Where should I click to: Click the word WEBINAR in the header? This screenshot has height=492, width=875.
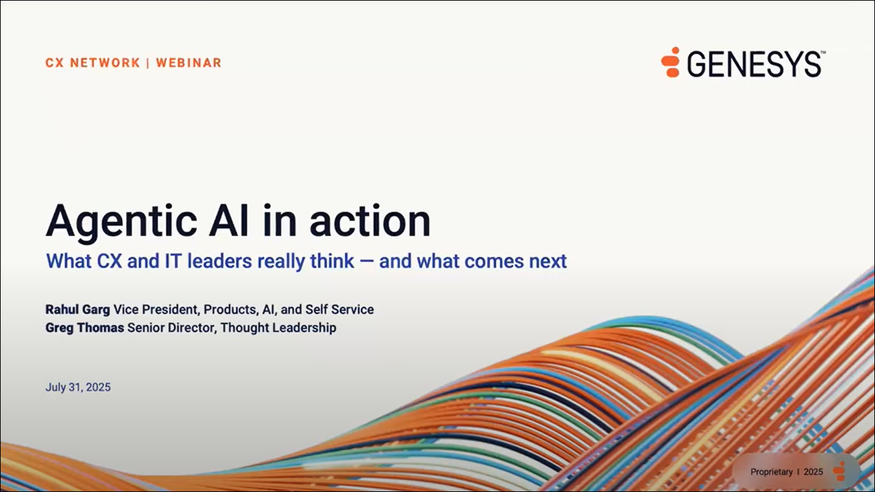[x=189, y=63]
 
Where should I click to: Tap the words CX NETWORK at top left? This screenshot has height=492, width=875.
[x=93, y=63]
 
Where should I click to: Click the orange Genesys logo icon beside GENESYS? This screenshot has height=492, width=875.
[x=670, y=62]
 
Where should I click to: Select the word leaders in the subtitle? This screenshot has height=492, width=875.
[x=219, y=261]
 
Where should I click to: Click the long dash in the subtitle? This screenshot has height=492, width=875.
[x=366, y=261]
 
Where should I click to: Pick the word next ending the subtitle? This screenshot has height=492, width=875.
[x=548, y=261]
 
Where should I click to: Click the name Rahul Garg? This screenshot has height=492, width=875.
[x=78, y=309]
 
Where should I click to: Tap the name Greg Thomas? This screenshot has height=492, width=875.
[x=85, y=327]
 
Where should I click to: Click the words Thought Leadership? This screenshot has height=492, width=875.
[x=278, y=327]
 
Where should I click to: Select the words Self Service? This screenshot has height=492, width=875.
[x=339, y=309]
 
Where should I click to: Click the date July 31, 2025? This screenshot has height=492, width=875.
[x=78, y=387]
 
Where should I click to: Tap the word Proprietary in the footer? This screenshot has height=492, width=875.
[x=772, y=472]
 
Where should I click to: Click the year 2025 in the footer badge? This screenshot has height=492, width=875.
[x=813, y=472]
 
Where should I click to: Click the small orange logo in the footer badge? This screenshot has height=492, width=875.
[x=839, y=471]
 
